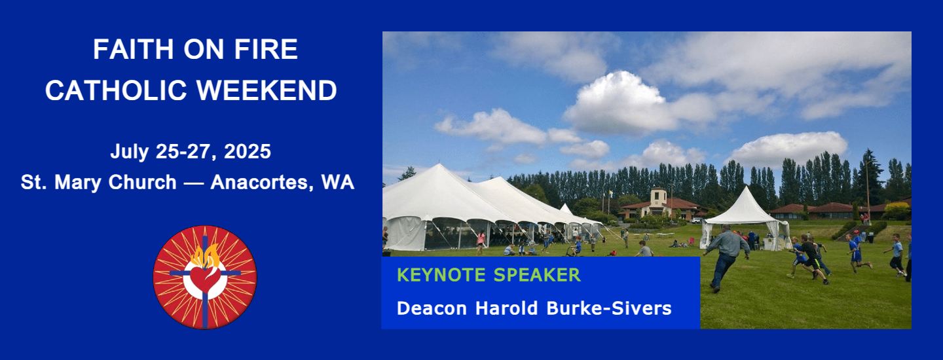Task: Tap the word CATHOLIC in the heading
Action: (x=116, y=90)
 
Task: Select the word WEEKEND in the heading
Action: (x=267, y=90)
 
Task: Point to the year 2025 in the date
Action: (x=247, y=151)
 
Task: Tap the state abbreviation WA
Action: (x=337, y=182)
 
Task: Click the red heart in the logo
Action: (x=204, y=278)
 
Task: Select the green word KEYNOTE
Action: (x=441, y=275)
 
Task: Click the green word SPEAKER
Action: (x=537, y=275)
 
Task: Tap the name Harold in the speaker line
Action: (x=506, y=308)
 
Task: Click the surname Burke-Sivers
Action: (x=609, y=308)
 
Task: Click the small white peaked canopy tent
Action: (x=745, y=218)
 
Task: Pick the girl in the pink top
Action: (x=481, y=242)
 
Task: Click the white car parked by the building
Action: (x=696, y=221)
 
